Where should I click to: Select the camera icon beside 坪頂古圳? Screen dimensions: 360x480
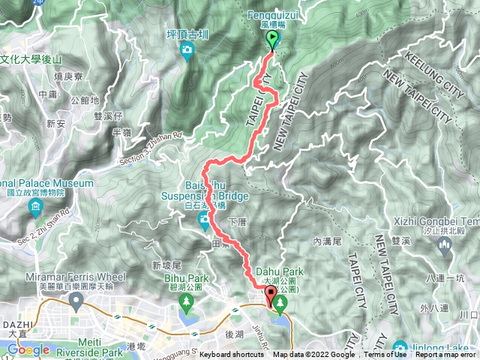[x=187, y=50]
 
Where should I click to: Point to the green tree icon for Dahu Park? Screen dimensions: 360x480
[x=280, y=303]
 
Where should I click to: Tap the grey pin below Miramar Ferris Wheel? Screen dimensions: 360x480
[x=75, y=301]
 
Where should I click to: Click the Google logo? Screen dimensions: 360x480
[x=28, y=349]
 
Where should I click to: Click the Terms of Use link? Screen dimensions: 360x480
[x=385, y=355]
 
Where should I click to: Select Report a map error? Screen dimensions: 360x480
[x=445, y=355]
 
